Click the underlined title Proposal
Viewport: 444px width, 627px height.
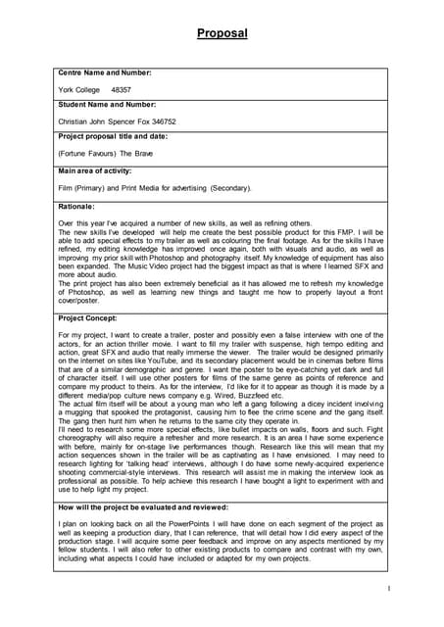pos(222,33)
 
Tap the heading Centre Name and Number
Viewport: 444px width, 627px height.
pos(105,73)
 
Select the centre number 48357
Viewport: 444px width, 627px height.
pos(122,89)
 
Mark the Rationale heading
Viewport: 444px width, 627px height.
pos(76,207)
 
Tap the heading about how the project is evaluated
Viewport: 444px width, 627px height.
pos(143,507)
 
